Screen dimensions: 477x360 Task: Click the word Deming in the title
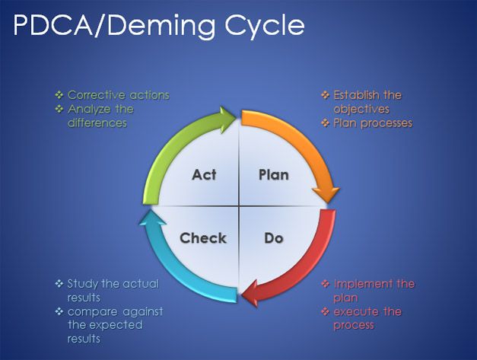(x=161, y=26)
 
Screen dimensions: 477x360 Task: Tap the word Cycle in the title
(x=265, y=26)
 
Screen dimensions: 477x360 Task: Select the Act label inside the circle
(x=204, y=175)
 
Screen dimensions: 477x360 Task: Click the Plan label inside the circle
(x=273, y=175)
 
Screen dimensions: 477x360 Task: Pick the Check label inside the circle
(x=203, y=238)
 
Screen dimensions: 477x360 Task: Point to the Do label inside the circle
(x=274, y=238)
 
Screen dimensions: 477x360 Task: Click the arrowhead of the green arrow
(x=227, y=119)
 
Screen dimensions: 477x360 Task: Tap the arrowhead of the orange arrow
(x=326, y=194)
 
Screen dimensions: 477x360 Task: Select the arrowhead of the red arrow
(x=250, y=294)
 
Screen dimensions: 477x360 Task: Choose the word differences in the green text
(x=97, y=123)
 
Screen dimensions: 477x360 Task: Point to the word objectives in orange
(x=361, y=109)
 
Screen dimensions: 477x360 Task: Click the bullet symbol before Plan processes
(x=326, y=123)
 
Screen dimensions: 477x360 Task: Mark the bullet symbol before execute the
(x=326, y=311)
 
